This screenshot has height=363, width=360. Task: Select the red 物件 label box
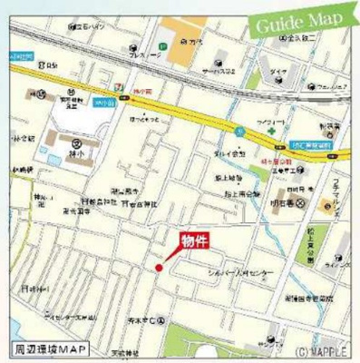192,240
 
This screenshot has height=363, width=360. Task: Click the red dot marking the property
158,268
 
